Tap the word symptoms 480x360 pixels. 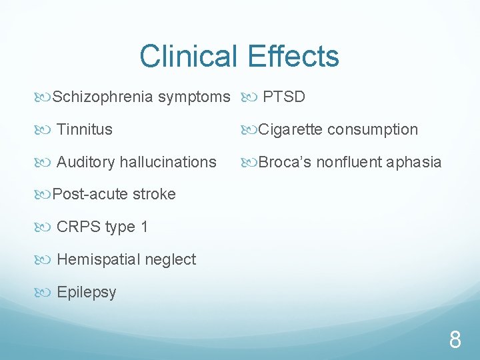click(x=194, y=97)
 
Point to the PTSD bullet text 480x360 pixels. click(x=284, y=97)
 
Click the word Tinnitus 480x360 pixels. click(x=85, y=129)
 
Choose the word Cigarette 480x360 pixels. click(x=290, y=129)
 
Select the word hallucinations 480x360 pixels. click(x=169, y=162)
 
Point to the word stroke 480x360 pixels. click(x=154, y=194)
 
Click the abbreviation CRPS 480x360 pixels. click(x=79, y=227)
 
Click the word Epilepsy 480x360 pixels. click(x=87, y=292)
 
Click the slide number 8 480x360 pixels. click(x=455, y=341)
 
